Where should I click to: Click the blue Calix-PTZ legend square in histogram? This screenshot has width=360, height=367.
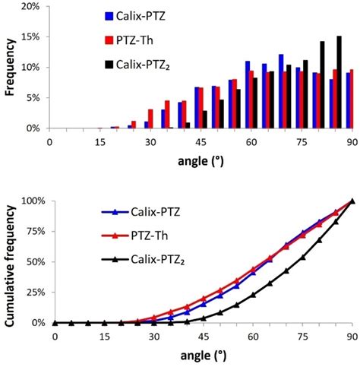[x=109, y=14]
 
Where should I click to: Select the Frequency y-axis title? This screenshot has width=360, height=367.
[x=9, y=67]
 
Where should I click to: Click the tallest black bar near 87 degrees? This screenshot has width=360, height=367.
[x=339, y=82]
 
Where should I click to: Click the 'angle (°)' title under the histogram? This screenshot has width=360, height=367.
[x=201, y=160]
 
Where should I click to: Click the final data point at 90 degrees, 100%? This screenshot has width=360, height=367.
[x=352, y=201]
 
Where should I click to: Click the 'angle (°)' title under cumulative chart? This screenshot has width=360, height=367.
[x=204, y=356]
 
